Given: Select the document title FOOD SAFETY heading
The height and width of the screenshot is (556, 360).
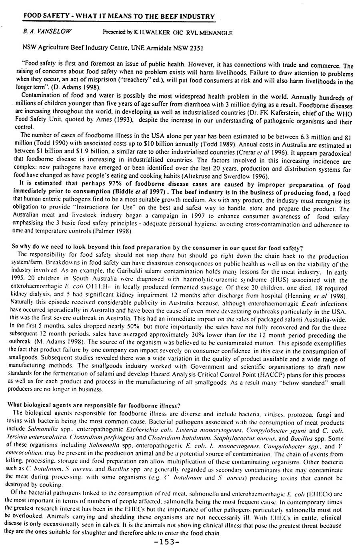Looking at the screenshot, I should click(x=119, y=16).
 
